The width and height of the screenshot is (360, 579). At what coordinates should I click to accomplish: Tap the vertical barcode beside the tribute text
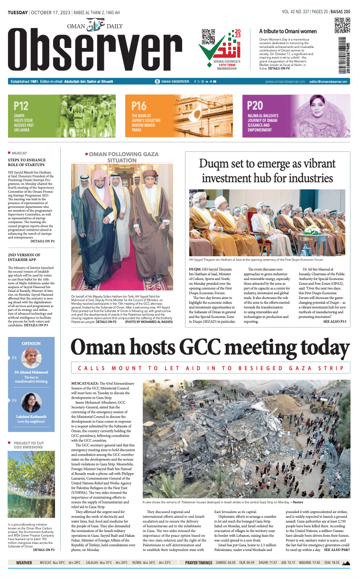(342, 55)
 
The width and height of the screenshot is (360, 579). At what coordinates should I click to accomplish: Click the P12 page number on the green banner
(21, 106)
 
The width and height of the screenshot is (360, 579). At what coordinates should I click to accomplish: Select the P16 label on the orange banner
(138, 106)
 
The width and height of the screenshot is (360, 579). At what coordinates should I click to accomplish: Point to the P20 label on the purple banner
(255, 106)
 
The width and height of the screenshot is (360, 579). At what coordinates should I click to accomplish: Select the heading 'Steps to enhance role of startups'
(27, 163)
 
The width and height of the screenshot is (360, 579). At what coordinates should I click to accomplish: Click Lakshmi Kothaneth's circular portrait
(31, 402)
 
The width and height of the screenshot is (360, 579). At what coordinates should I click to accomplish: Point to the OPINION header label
(31, 343)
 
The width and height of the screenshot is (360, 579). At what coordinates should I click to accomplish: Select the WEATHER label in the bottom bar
(24, 563)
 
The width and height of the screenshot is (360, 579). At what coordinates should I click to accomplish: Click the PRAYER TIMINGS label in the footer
(198, 563)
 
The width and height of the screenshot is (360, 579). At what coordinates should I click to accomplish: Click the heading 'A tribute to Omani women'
(287, 31)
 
